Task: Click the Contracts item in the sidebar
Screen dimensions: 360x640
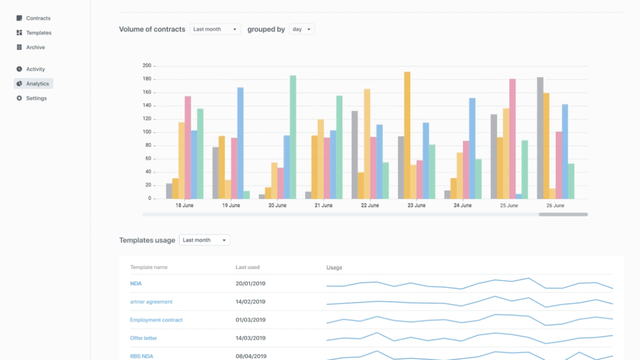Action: (x=38, y=18)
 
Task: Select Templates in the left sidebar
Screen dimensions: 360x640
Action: (x=38, y=33)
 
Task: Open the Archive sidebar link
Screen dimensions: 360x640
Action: (x=35, y=47)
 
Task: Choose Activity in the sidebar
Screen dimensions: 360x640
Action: (x=35, y=69)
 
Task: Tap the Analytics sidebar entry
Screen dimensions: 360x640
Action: (x=37, y=84)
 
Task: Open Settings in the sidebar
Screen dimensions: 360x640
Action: (x=36, y=98)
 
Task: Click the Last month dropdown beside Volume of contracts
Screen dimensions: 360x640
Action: (x=215, y=30)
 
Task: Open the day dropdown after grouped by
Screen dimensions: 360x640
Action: (x=301, y=30)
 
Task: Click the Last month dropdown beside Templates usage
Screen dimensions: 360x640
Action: (x=204, y=240)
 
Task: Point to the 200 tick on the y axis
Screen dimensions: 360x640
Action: (x=146, y=66)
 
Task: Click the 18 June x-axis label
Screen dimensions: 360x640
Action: (x=185, y=205)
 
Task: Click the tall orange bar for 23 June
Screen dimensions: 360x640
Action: (x=407, y=134)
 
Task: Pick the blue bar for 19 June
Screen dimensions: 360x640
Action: (x=240, y=142)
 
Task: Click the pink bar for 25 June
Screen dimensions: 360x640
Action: (x=512, y=138)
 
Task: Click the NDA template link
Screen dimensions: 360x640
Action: (x=136, y=284)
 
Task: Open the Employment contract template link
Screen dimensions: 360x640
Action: (x=156, y=320)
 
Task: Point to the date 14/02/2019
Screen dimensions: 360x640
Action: (x=250, y=302)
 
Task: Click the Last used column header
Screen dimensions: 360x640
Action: (x=248, y=268)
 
